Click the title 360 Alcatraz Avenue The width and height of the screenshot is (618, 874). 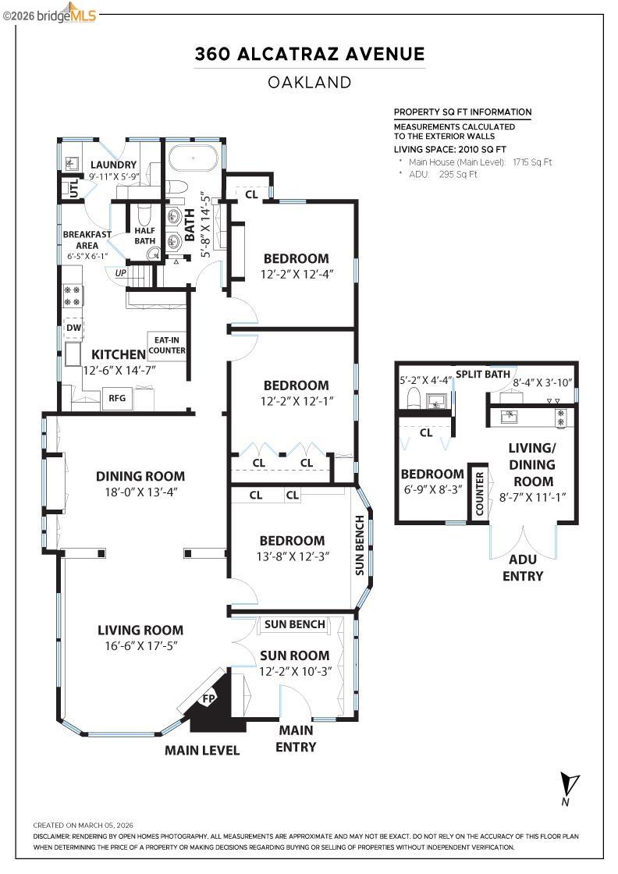coord(310,54)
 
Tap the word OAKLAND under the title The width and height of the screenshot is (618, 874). coord(310,82)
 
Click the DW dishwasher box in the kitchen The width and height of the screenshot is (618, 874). coord(73,328)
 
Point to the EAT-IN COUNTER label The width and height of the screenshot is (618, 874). coord(168,345)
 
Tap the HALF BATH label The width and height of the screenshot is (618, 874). coord(145,236)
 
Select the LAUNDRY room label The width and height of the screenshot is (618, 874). coord(113,165)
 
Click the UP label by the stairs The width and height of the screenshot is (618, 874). coord(121,273)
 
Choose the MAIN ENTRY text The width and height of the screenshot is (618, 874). coord(296,738)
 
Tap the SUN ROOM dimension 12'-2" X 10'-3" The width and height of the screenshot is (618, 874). coord(295,671)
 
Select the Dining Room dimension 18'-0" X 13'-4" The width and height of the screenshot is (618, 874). coord(140,492)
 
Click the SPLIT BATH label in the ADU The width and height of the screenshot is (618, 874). coord(483,374)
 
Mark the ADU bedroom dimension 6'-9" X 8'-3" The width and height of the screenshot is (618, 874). coord(432,490)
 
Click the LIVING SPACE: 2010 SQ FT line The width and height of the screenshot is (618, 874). coord(450,148)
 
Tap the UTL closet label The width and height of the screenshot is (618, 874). coord(74,189)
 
